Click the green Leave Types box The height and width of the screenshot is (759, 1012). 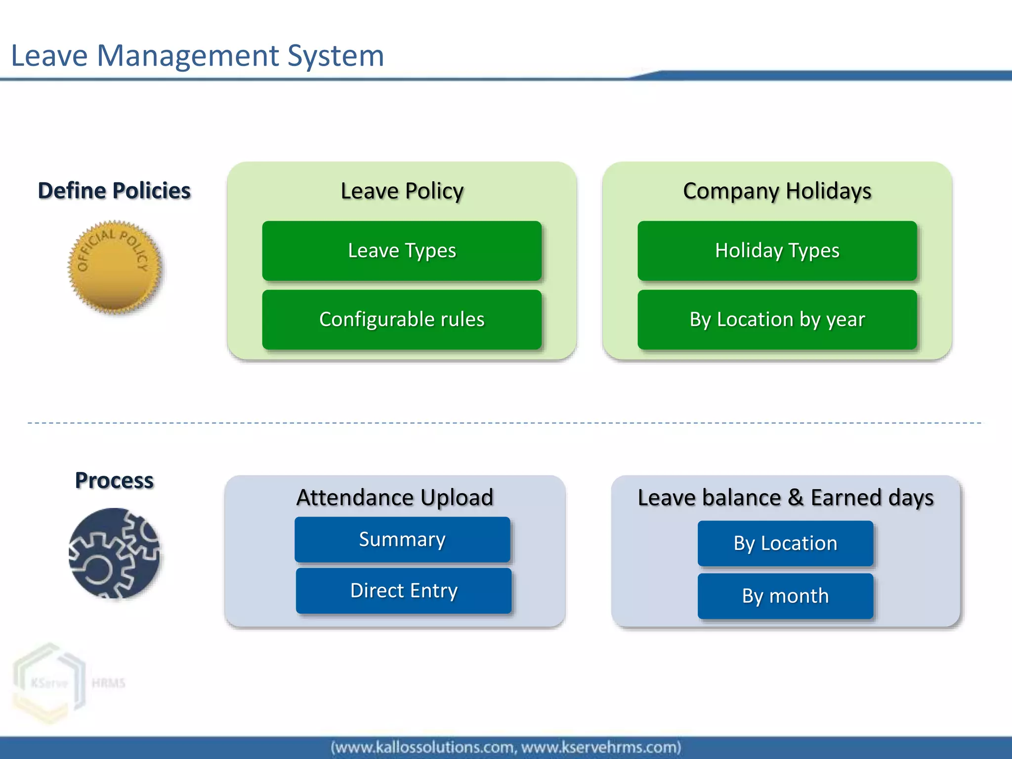click(x=402, y=251)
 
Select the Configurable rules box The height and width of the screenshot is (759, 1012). click(x=402, y=319)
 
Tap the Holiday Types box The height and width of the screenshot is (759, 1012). click(x=777, y=251)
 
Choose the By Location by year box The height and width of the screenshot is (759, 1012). click(x=777, y=319)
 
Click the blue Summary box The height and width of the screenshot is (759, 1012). click(x=402, y=539)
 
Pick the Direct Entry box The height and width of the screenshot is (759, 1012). click(x=403, y=590)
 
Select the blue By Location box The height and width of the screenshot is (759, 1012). click(x=785, y=543)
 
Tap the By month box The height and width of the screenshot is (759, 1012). click(x=785, y=596)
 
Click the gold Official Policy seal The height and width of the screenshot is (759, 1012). click(x=115, y=267)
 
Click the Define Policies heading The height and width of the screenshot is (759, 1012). click(x=114, y=191)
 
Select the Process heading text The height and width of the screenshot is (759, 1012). click(x=114, y=480)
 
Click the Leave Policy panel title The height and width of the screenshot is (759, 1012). click(x=402, y=191)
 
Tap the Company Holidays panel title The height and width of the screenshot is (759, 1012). click(x=777, y=191)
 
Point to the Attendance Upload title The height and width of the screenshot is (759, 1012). click(x=394, y=497)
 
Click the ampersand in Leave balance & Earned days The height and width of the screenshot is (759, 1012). click(x=796, y=498)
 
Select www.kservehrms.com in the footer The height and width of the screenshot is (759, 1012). click(x=601, y=747)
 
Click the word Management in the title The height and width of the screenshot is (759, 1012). click(x=187, y=55)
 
